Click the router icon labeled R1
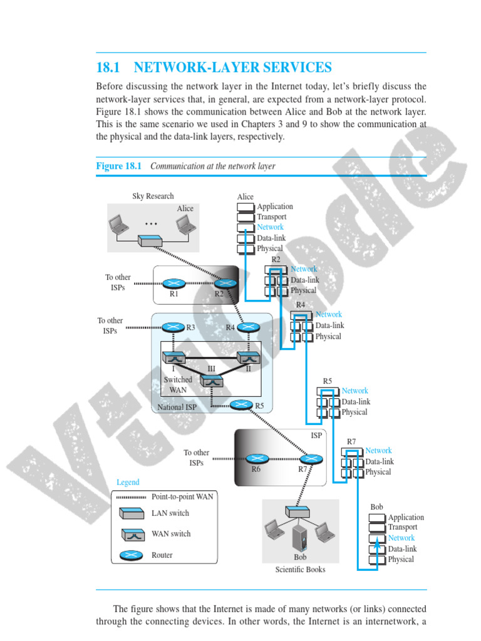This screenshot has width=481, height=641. click(x=174, y=284)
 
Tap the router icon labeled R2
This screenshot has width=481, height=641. click(x=225, y=284)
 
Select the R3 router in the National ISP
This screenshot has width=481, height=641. click(x=173, y=327)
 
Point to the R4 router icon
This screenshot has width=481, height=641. click(x=248, y=327)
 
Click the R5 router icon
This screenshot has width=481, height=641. click(x=241, y=405)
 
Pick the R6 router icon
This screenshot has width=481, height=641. click(x=256, y=458)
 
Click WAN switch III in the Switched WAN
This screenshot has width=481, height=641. click(x=212, y=380)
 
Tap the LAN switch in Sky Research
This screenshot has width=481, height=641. click(x=150, y=241)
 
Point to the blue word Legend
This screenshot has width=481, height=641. click(x=128, y=482)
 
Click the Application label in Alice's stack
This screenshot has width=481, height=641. click(x=275, y=207)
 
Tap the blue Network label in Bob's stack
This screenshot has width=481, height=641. click(x=401, y=538)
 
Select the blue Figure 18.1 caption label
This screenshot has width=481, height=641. click(x=119, y=166)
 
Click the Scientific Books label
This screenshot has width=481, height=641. click(x=300, y=570)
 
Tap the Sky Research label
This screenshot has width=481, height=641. click(x=153, y=196)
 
